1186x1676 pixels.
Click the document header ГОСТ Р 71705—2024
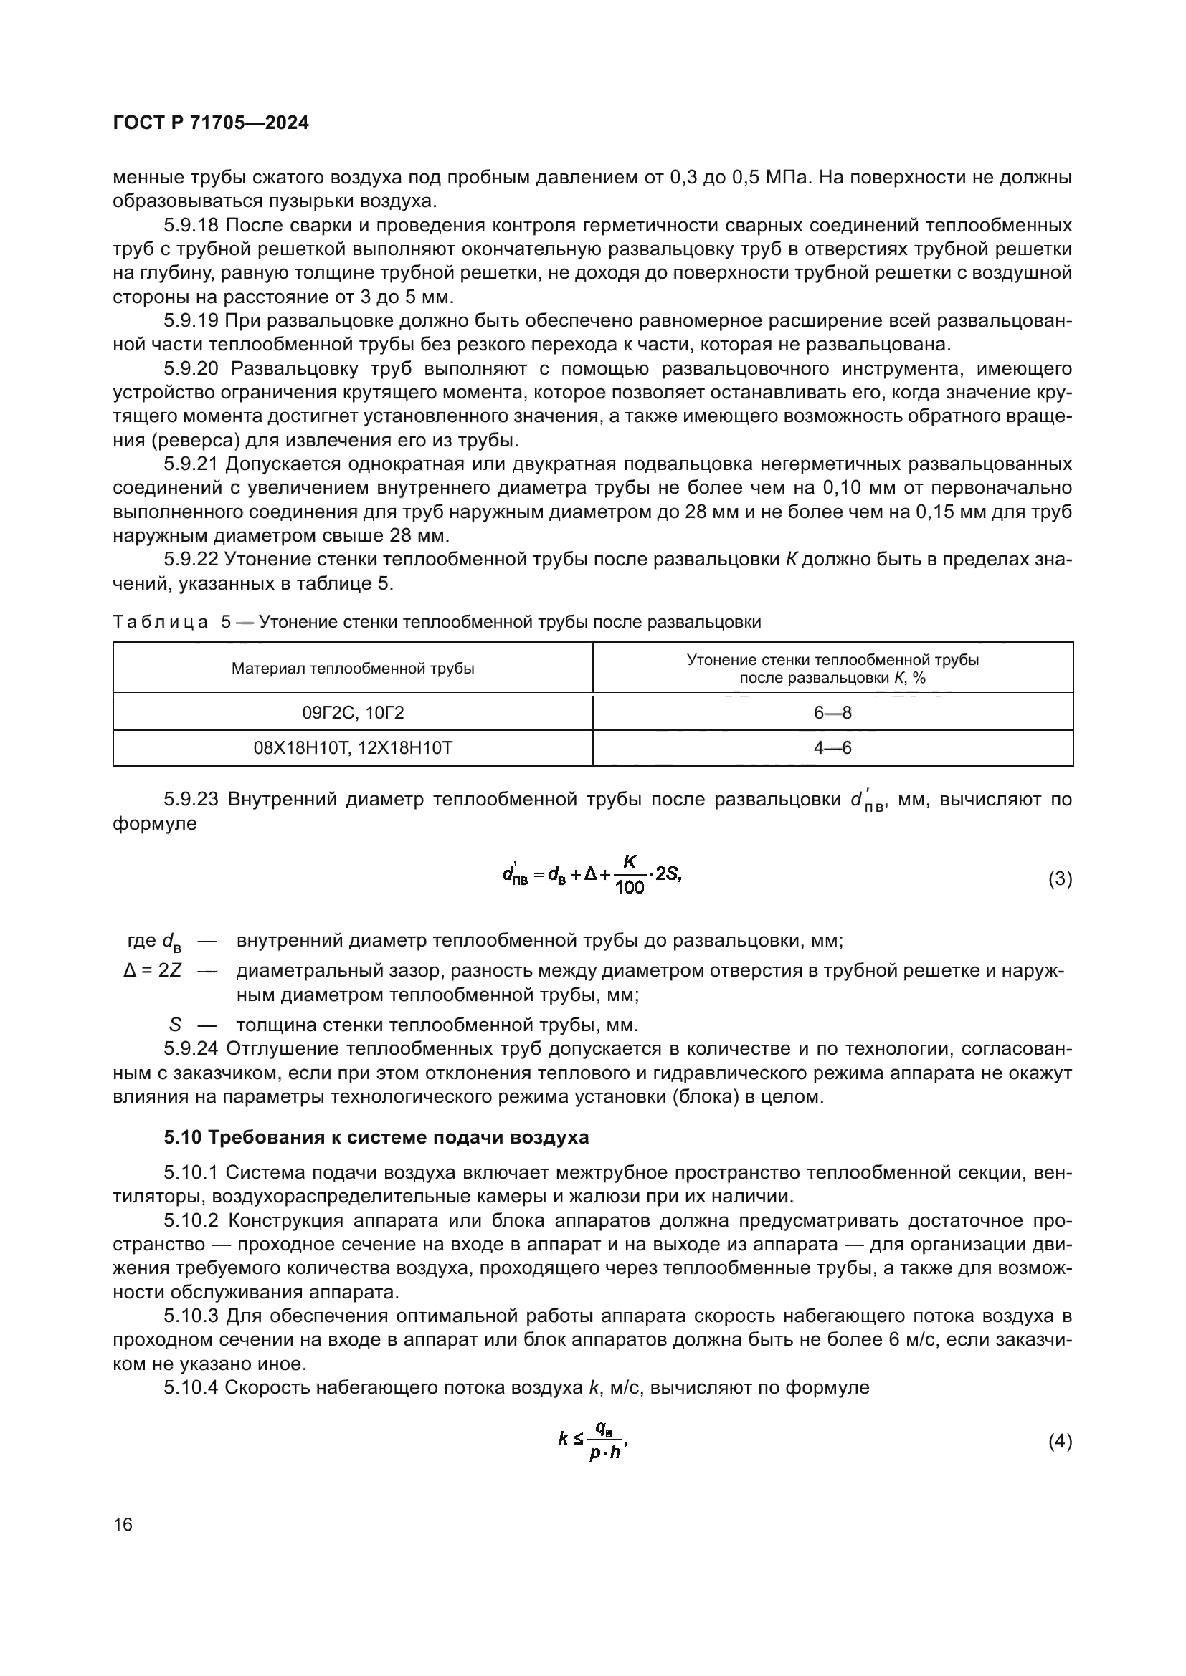coord(211,123)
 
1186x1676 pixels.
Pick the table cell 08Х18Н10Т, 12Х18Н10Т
coord(353,748)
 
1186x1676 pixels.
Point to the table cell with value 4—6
coord(832,748)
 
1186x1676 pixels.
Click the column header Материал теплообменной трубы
coord(353,669)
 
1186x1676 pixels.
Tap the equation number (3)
coord(1060,880)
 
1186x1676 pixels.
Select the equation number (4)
coord(1060,1442)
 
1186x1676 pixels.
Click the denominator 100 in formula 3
coord(630,889)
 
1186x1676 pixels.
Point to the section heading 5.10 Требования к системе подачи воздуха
coord(376,1137)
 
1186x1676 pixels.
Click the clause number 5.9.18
coord(191,226)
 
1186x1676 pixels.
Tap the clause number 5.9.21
coord(191,464)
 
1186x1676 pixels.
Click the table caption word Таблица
coord(161,622)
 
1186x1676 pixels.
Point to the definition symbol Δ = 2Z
coord(153,971)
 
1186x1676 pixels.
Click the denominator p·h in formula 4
coord(604,1452)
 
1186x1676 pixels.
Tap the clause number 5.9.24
coord(191,1049)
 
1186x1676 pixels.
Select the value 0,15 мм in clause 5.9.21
coord(949,512)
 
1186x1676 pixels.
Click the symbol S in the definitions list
coord(175,1025)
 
